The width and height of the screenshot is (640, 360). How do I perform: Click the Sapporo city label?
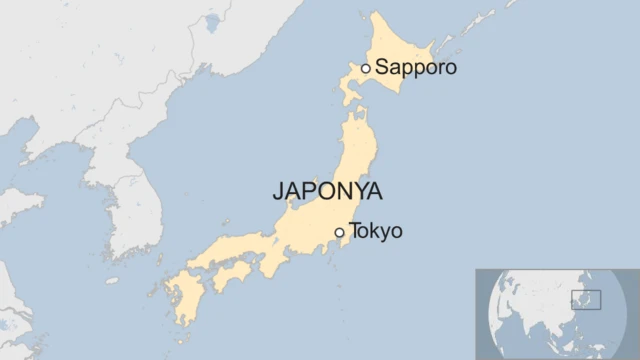tap(416, 68)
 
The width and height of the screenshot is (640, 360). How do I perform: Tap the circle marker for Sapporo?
tap(366, 68)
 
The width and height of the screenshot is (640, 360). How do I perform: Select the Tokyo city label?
tap(376, 232)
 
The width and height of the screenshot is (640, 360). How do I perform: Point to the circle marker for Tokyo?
tap(340, 232)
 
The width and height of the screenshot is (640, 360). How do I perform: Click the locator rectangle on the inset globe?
tap(586, 300)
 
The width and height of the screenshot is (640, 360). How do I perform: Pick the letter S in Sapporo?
tap(381, 68)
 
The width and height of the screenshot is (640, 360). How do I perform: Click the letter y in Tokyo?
tap(386, 234)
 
